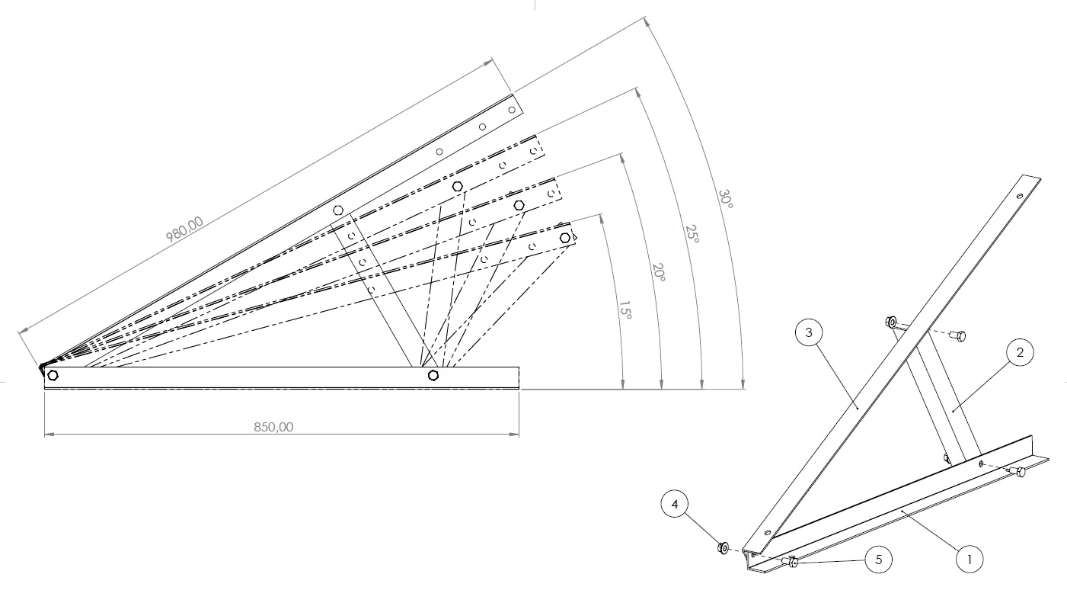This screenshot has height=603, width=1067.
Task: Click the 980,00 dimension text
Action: pyautogui.click(x=185, y=229)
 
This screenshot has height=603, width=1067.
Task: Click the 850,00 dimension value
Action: pyautogui.click(x=273, y=427)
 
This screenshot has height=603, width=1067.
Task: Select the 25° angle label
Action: pyautogui.click(x=692, y=233)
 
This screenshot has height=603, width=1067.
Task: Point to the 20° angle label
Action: pyautogui.click(x=659, y=273)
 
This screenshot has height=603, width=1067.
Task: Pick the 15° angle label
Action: pyautogui.click(x=625, y=312)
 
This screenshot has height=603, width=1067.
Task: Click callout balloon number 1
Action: pyautogui.click(x=970, y=559)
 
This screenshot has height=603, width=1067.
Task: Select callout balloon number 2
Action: pyautogui.click(x=1019, y=352)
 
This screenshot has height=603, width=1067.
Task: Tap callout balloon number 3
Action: pyautogui.click(x=809, y=332)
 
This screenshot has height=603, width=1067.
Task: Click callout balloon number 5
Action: pyautogui.click(x=878, y=560)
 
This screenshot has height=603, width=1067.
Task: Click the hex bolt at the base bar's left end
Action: pyautogui.click(x=53, y=375)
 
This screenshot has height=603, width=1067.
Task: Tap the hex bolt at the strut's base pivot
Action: pyautogui.click(x=433, y=375)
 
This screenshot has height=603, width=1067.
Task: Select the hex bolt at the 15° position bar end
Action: pyautogui.click(x=564, y=238)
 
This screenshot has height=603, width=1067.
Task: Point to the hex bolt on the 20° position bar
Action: pyautogui.click(x=519, y=205)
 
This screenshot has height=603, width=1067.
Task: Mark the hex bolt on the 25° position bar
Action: pyautogui.click(x=457, y=186)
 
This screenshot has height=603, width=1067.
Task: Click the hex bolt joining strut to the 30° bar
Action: pyautogui.click(x=339, y=209)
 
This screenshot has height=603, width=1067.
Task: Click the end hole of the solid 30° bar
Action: pyautogui.click(x=512, y=110)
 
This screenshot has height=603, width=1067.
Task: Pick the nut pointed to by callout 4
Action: pyautogui.click(x=723, y=547)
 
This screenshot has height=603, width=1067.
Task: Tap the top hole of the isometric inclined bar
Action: pyautogui.click(x=1020, y=196)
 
